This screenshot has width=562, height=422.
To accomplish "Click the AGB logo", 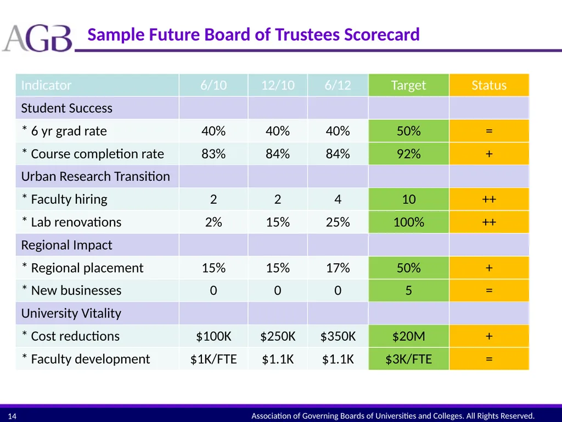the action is (x=37, y=38).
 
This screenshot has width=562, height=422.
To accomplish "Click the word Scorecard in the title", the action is (x=382, y=35).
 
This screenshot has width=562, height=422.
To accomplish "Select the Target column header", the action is (x=408, y=85).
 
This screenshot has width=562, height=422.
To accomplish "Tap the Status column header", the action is (x=489, y=85).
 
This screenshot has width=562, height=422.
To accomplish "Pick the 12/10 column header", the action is (x=277, y=85).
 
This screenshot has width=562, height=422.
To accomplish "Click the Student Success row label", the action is (x=66, y=108).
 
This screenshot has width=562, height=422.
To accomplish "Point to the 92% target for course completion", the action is (x=408, y=154).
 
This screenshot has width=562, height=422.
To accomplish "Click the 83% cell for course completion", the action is (x=213, y=154).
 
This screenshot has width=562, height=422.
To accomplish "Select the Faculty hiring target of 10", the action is (x=408, y=199).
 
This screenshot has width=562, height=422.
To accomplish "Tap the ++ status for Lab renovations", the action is (x=489, y=222).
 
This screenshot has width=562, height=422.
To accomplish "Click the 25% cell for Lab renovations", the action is (x=338, y=222).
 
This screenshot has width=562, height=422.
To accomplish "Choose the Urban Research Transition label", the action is (x=95, y=176).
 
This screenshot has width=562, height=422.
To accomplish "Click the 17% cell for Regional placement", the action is (x=338, y=268).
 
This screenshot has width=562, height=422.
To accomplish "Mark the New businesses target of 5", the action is (x=408, y=290).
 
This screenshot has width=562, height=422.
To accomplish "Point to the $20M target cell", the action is (x=408, y=336).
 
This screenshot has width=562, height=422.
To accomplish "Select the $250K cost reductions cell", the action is (x=277, y=336).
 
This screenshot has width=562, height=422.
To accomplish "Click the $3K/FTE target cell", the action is (x=408, y=359).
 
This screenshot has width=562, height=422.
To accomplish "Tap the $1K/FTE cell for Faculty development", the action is (x=213, y=359).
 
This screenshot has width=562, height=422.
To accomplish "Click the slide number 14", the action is (x=12, y=417).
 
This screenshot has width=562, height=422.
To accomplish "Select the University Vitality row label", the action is (x=71, y=313).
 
